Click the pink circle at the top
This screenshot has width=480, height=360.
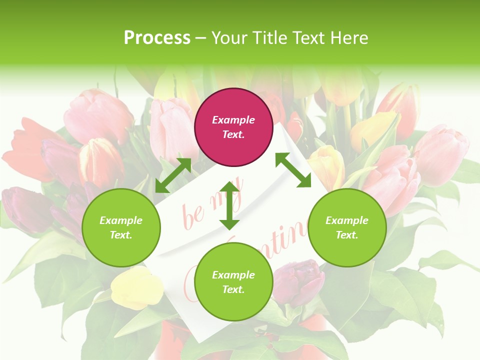coord(233,127)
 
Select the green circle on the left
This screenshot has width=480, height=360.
coord(121,227)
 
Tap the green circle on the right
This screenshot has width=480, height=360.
coord(347,227)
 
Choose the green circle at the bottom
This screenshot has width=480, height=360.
coord(233,282)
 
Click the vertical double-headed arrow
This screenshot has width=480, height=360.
coord(229,205)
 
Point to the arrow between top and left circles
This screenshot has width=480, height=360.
coord(173,175)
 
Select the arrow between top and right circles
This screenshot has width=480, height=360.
coord(293,170)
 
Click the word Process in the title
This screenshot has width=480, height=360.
coord(157,37)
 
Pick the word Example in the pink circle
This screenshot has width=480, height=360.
coord(233,120)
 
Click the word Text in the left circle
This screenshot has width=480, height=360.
coord(121,235)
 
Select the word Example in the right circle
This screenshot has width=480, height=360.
coord(347,220)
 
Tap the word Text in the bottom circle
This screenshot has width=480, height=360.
coord(233,289)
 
